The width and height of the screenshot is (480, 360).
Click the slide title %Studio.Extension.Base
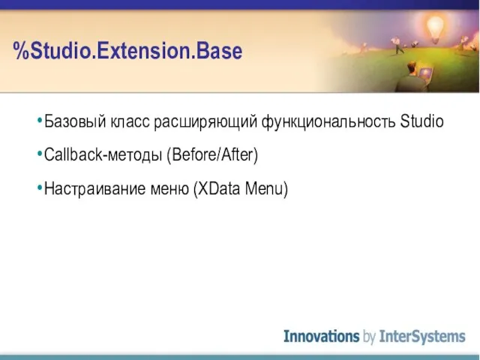click(x=127, y=50)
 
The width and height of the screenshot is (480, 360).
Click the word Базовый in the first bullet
click(x=75, y=121)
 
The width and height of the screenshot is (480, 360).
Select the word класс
click(x=130, y=122)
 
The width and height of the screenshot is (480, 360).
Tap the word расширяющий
click(x=205, y=122)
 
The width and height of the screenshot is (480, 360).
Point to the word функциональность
click(x=328, y=122)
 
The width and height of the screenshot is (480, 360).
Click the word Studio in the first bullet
click(x=421, y=121)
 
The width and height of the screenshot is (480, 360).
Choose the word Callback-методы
click(x=103, y=155)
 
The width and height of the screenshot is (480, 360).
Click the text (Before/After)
click(x=212, y=155)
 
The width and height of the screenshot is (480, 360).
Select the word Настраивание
click(x=95, y=188)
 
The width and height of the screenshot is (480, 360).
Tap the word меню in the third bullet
click(x=169, y=189)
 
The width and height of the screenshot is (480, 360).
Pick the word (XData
click(x=217, y=188)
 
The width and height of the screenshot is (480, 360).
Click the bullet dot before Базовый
click(x=40, y=121)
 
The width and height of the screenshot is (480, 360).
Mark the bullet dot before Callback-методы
click(x=40, y=154)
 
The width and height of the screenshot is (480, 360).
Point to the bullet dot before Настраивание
click(x=40, y=187)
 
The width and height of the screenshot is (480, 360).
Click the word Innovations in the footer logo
click(x=322, y=336)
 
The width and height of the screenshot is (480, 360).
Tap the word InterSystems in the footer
click(x=422, y=337)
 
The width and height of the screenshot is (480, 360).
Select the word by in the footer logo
click(x=369, y=337)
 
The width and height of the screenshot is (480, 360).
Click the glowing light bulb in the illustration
click(x=435, y=28)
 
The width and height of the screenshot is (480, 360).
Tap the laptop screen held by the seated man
click(x=426, y=73)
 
